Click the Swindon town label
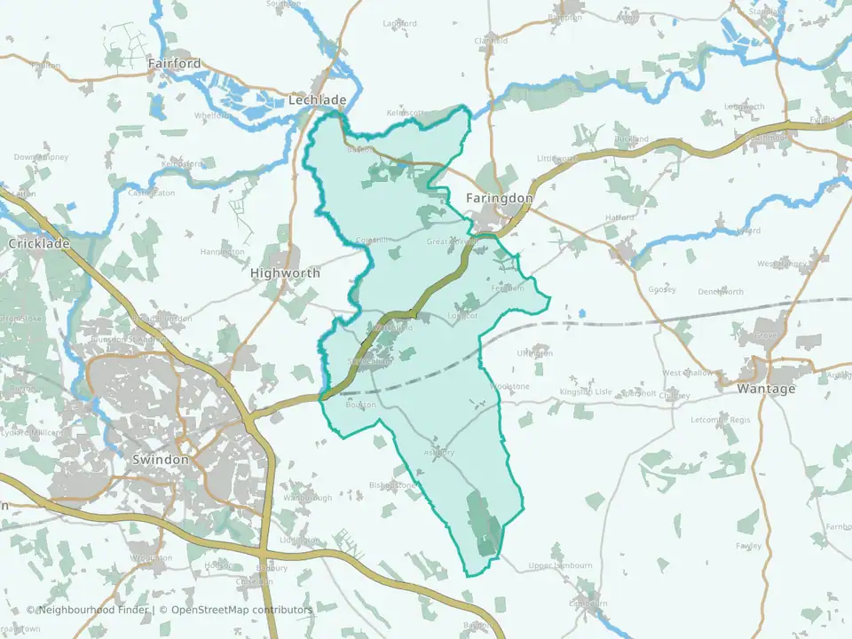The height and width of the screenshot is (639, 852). coord(160,460)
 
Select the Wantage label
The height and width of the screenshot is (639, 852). coord(766,389)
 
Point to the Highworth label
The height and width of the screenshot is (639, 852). coord(285,273)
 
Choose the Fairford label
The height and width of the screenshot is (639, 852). coord(175,64)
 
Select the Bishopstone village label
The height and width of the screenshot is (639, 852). coord(393,485)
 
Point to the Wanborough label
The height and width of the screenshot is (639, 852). coord(307,498)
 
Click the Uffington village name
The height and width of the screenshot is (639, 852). coord(534,353)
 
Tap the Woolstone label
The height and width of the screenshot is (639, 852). coord(510,387)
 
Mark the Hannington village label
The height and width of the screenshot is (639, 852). coord(222,252)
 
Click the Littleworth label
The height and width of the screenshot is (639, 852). coord(556,158)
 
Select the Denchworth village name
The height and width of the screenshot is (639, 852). coord(721,291)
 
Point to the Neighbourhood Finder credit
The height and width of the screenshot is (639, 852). coord(89,610)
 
